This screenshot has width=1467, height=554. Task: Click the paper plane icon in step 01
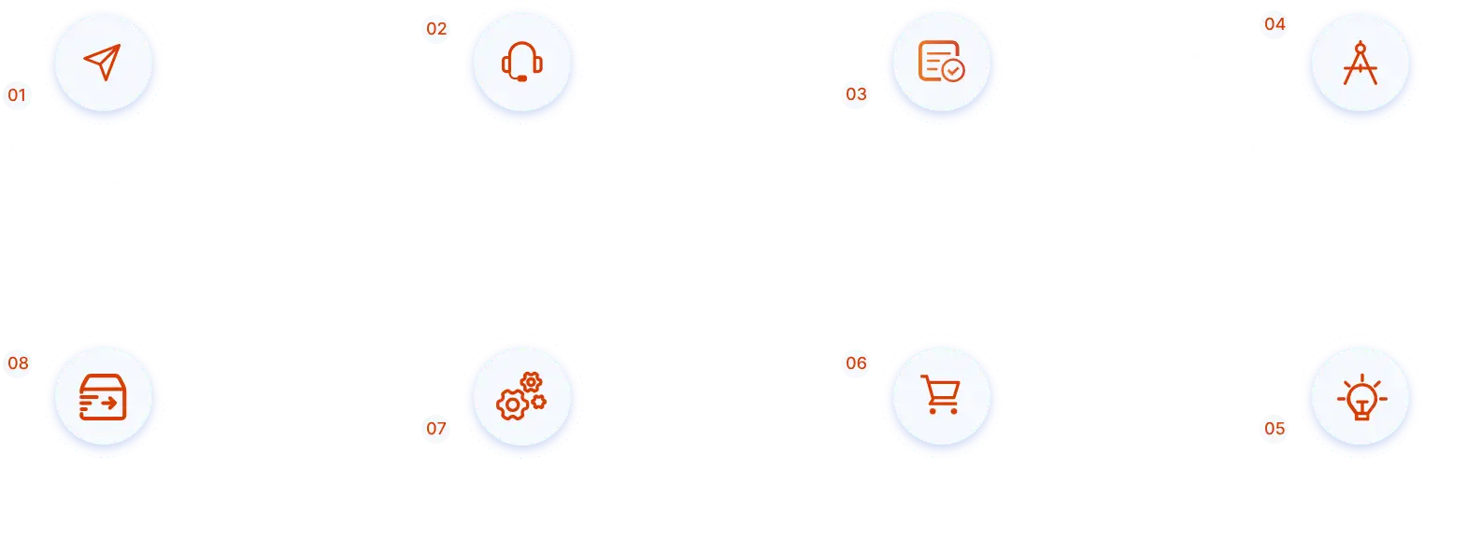[x=103, y=63]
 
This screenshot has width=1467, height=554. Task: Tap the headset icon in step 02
[x=522, y=63]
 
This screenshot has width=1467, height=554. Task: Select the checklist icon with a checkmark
[x=941, y=62]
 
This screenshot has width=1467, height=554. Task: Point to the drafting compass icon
[x=1360, y=63]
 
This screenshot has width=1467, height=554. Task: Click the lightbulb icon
[x=1360, y=398]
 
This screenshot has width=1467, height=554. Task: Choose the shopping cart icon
[x=941, y=395]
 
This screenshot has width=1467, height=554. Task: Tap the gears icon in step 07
[x=521, y=396]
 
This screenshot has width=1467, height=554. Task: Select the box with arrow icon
[x=103, y=397]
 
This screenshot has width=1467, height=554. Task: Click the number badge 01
[x=17, y=94]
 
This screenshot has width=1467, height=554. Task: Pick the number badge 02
[x=436, y=29]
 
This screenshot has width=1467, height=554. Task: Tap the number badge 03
[x=856, y=94]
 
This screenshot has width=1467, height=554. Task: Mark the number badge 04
[x=1275, y=24]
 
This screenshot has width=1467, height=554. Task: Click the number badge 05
[x=1275, y=429]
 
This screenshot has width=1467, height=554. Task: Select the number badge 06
[x=856, y=363]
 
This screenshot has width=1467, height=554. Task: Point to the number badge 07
[x=436, y=429]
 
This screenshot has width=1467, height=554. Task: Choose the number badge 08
[x=18, y=363]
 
